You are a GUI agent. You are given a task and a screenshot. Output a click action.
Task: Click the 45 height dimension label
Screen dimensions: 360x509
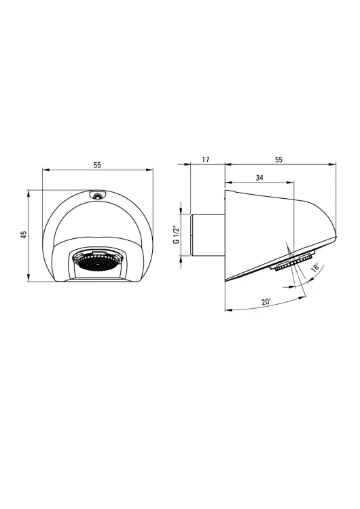[x=23, y=235]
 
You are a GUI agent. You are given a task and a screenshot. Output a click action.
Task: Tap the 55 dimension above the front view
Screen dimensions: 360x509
[x=97, y=165]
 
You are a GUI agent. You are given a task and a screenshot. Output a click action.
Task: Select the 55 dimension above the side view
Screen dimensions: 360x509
[x=278, y=159]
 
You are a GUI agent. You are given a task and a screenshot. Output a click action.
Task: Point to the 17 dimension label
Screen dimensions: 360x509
[x=206, y=159]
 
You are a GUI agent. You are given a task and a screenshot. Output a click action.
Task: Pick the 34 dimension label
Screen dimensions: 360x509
[x=259, y=178]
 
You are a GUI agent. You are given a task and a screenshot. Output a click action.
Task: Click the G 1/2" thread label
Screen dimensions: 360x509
[x=177, y=234]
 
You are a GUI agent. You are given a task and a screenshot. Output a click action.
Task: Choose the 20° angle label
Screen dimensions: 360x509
[x=266, y=301]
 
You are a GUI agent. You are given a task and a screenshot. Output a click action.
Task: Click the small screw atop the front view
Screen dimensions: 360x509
[x=96, y=195]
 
